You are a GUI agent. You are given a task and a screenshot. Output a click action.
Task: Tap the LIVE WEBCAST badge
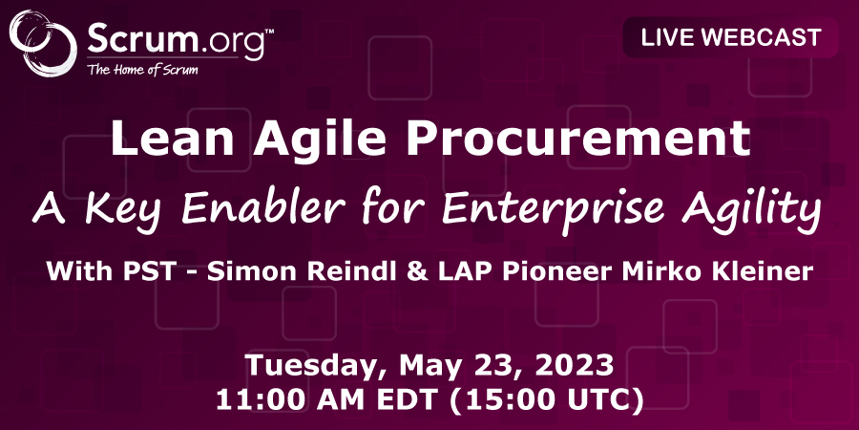tap(731, 39)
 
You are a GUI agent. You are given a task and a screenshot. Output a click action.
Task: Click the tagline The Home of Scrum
tap(142, 69)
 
